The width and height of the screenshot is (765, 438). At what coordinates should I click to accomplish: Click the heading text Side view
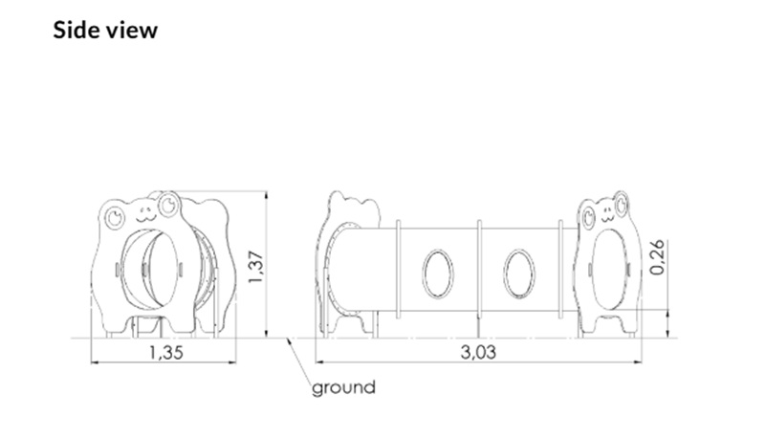pos(105,31)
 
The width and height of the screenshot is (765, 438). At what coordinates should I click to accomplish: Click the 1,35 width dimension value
pos(165,352)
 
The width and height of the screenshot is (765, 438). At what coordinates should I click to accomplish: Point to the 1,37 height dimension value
pos(255,267)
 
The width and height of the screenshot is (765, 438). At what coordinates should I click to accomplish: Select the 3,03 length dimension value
pos(478,352)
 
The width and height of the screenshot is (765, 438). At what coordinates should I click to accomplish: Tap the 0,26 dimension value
pos(657,257)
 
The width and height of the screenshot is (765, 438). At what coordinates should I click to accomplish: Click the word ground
pos(344,387)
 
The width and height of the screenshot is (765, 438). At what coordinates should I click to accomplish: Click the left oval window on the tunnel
pos(437,274)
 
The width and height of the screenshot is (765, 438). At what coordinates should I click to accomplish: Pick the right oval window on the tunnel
pos(518,274)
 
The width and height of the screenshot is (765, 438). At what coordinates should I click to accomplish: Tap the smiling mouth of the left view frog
pos(145,216)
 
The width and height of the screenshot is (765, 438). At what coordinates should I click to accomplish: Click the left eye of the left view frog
pos(116,217)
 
